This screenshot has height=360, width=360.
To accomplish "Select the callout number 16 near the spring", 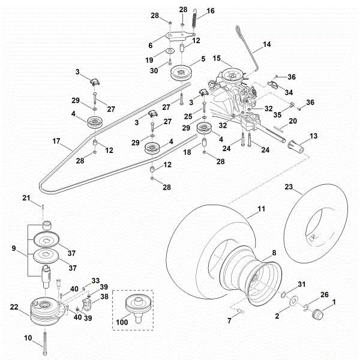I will pos(210,11).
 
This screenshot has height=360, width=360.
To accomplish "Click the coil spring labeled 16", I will pos(194,18).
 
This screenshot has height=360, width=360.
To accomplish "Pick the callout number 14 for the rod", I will pos(267,44).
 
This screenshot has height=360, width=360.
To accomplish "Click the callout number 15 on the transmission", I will pos(217,58).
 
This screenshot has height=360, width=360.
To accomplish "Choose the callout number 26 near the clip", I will pos(325,295).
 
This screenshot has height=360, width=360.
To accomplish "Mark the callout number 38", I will pos(104,296).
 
